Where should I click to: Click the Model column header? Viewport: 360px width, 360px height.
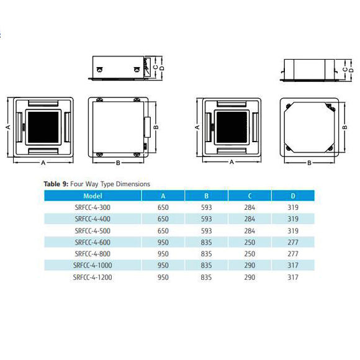(92, 196)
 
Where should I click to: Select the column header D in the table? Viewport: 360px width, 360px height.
(293, 196)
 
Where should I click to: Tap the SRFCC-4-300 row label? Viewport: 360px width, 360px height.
(92, 207)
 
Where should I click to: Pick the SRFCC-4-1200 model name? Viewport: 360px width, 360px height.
(92, 277)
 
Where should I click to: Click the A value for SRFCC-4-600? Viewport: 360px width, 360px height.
(163, 242)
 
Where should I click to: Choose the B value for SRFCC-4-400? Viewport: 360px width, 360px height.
(207, 219)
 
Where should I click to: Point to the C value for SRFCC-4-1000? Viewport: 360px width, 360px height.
(250, 265)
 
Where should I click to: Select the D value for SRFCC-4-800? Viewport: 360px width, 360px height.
(293, 254)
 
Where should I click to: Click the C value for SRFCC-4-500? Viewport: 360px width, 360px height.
(250, 231)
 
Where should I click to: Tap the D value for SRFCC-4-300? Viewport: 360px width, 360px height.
(293, 207)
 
